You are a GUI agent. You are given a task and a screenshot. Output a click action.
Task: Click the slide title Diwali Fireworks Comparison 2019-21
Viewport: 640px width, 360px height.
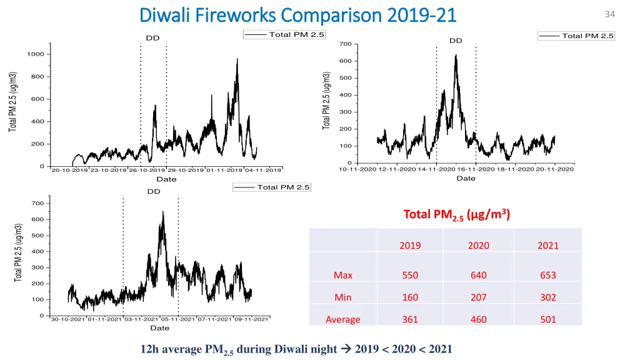click(x=298, y=14)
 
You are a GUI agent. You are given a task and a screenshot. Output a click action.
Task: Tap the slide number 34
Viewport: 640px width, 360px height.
click(x=610, y=14)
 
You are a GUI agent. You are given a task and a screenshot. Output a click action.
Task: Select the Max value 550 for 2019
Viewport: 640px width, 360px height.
click(x=410, y=275)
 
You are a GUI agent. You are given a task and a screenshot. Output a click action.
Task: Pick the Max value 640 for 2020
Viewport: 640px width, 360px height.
click(x=479, y=275)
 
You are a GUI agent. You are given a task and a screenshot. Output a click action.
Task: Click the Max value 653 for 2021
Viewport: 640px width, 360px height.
click(x=547, y=275)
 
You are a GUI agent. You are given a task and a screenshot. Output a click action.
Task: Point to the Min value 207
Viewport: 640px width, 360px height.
click(x=479, y=297)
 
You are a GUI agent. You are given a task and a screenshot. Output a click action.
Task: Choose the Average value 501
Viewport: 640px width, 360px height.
click(x=547, y=319)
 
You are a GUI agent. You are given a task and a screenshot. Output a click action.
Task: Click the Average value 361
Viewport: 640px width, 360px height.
click(x=410, y=319)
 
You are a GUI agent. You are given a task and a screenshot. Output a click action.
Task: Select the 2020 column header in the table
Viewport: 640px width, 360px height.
click(x=479, y=246)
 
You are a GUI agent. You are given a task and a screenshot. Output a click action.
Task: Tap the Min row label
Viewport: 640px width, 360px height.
click(x=342, y=297)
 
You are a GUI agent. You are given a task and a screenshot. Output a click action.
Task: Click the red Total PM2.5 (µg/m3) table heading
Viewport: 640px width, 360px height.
click(x=457, y=215)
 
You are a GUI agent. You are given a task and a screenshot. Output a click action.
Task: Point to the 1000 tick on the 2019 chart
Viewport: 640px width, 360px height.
click(x=35, y=54)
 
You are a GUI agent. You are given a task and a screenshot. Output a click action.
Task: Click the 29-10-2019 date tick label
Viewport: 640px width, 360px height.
click(x=186, y=170)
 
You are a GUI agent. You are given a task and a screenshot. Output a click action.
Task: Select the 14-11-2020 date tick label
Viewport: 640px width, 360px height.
click(x=437, y=169)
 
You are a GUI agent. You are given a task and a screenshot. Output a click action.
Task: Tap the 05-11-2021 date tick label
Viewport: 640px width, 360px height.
click(x=178, y=319)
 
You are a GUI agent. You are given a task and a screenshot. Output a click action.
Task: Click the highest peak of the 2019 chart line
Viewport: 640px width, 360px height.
click(x=237, y=59)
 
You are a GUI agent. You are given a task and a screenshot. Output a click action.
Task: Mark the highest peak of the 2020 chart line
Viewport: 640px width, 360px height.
click(x=456, y=55)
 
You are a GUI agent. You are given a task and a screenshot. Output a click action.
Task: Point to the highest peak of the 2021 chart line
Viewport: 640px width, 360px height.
click(x=163, y=212)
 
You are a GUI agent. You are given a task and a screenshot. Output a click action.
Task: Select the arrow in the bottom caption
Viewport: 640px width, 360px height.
click(x=348, y=349)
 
